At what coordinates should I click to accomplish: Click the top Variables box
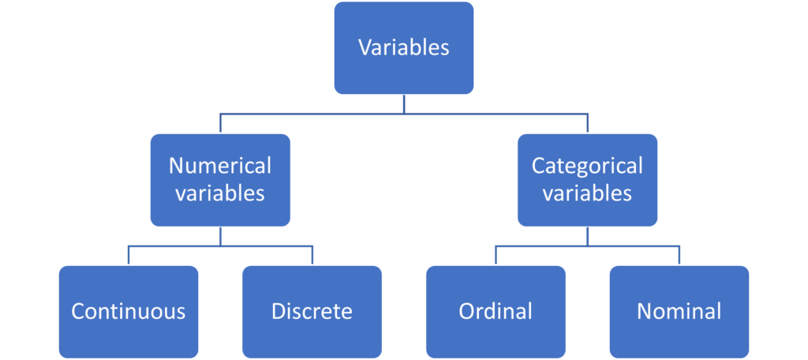click(403, 47)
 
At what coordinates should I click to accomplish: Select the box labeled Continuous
click(128, 311)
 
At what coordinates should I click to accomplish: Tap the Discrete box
click(312, 311)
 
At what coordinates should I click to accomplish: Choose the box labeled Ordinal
click(496, 311)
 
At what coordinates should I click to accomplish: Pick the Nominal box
click(679, 311)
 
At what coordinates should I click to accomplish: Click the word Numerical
click(219, 166)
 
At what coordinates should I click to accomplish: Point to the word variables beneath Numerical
click(219, 193)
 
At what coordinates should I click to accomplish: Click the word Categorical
click(587, 166)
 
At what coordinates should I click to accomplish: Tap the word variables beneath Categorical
click(587, 193)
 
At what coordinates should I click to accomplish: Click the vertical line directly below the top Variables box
click(403, 104)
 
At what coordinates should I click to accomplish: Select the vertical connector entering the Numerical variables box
click(220, 122)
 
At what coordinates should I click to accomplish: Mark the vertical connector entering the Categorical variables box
click(588, 122)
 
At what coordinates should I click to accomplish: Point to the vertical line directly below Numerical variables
click(220, 237)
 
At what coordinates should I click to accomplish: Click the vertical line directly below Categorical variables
click(588, 237)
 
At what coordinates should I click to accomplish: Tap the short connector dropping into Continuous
click(129, 255)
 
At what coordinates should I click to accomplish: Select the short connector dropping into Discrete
click(312, 255)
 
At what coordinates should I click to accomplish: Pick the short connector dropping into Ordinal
click(496, 255)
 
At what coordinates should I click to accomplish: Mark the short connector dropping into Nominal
click(679, 255)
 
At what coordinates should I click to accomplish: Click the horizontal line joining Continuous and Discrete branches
click(174, 246)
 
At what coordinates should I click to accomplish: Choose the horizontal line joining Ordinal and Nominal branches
click(631, 246)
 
